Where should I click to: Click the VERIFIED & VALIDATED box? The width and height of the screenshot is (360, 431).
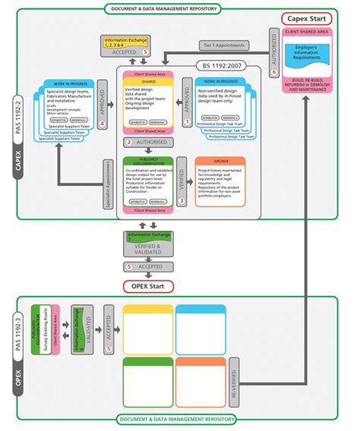[149, 248]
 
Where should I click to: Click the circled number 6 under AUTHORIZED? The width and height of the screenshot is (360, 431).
[273, 71]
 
